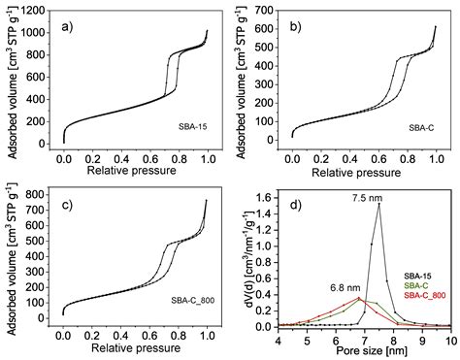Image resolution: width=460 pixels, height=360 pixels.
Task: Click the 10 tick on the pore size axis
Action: (x=449, y=339)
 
